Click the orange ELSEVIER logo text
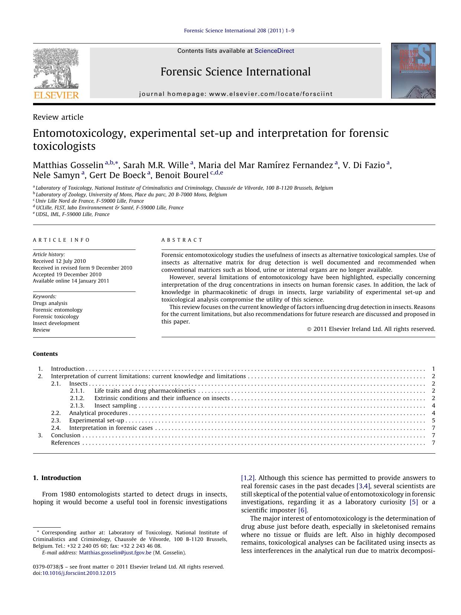tap(56, 95)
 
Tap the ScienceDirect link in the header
tap(274, 51)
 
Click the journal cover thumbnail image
tap(413, 71)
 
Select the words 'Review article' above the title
tap(58, 117)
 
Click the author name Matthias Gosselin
tap(68, 165)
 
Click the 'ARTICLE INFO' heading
tap(61, 240)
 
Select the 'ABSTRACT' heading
tap(182, 240)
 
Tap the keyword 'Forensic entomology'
tap(58, 310)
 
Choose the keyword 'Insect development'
tap(56, 323)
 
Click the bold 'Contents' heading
tap(45, 354)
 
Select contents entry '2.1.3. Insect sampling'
tap(115, 406)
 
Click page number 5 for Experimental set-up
tap(434, 421)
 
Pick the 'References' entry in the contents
tap(65, 443)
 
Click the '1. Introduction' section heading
tap(57, 478)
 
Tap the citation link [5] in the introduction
tap(413, 502)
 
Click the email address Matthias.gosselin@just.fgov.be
tap(115, 553)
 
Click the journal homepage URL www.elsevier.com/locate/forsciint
tap(271, 94)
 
